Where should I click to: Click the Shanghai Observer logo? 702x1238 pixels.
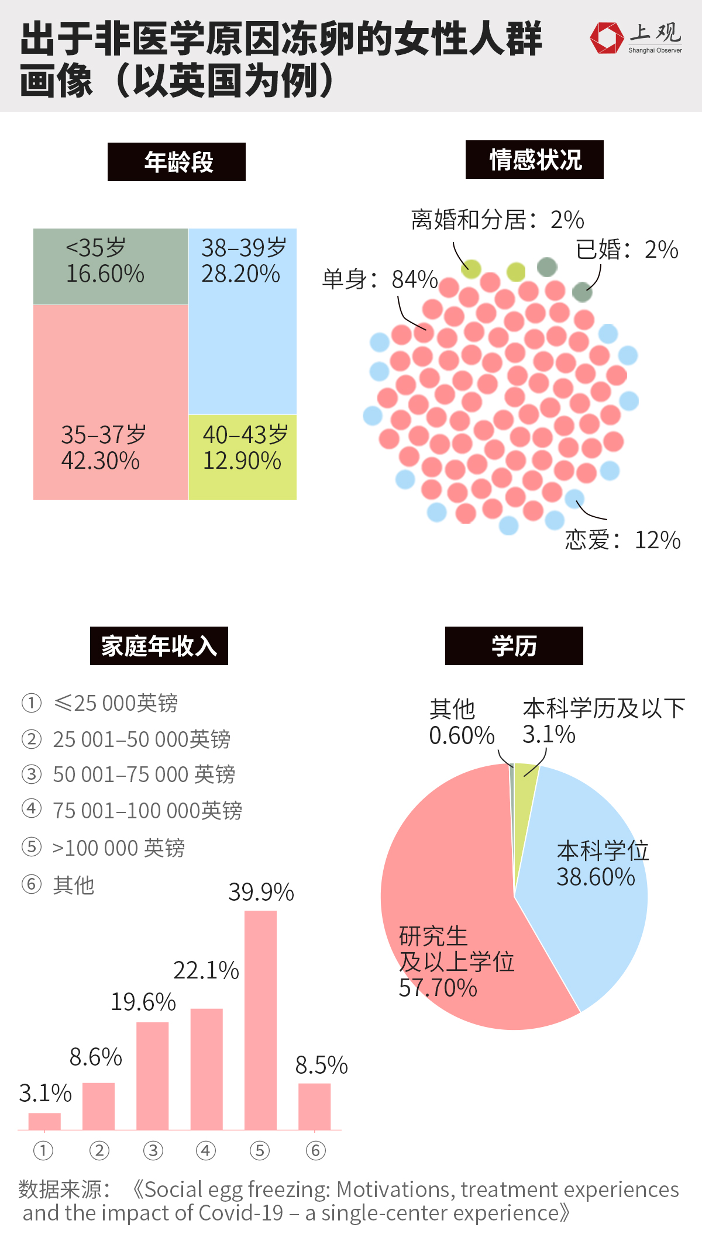coord(636,38)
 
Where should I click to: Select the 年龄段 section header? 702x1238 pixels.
coord(177,162)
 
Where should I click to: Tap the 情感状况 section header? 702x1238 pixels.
coord(534,160)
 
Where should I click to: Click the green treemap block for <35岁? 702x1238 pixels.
coord(111,266)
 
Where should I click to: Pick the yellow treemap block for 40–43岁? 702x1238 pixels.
coord(242,457)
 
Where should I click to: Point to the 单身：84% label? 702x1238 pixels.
coord(380,279)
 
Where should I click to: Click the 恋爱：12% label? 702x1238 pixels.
coord(622,540)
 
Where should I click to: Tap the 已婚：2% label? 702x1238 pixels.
coord(627,250)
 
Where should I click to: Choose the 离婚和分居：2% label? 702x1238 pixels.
coord(497,220)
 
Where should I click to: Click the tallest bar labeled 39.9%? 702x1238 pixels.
coord(260,1020)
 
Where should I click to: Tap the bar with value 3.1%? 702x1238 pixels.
coord(44,1121)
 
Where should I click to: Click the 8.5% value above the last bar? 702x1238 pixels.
coord(321,1065)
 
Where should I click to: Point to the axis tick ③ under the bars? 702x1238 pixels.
coord(153,1151)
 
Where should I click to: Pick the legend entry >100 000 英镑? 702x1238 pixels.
coord(118,848)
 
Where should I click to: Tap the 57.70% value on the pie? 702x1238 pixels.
coord(438,988)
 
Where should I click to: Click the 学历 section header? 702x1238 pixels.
coord(514,646)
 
